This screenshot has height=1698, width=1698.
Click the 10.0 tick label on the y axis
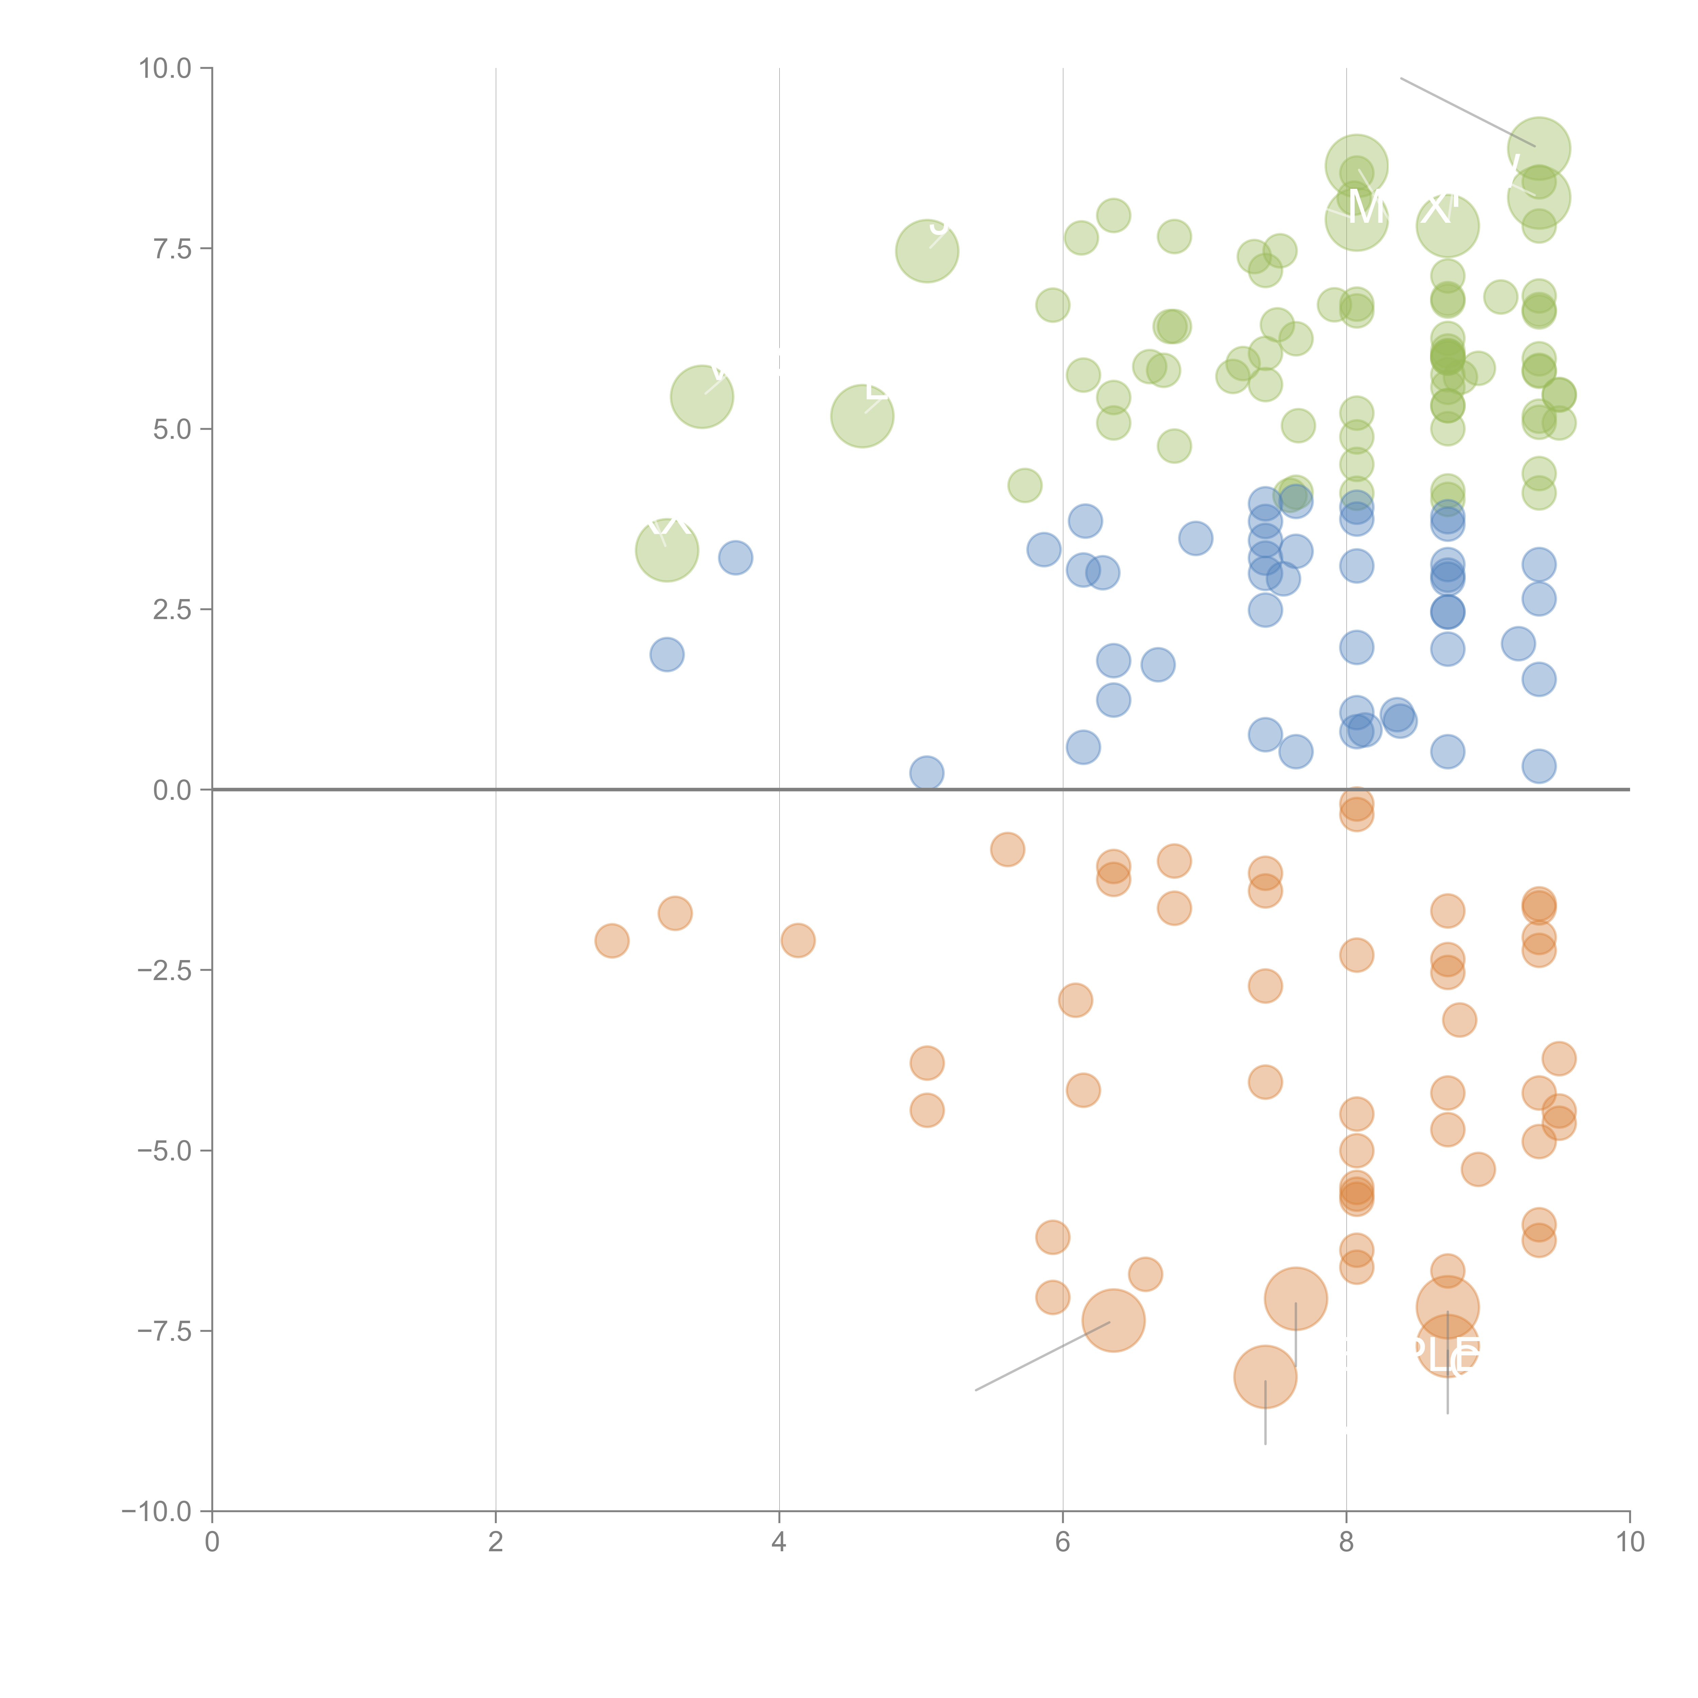point(165,69)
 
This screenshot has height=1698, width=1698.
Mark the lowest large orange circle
point(1265,1377)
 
